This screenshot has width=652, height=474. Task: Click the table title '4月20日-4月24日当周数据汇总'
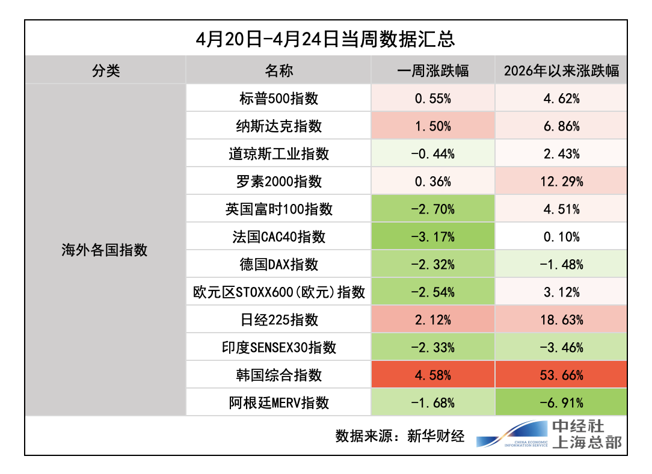click(325, 38)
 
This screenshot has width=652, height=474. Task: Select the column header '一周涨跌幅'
click(433, 70)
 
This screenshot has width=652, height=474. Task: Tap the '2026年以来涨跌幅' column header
click(561, 70)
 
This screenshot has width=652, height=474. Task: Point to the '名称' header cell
click(278, 70)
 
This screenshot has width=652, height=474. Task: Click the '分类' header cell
click(106, 70)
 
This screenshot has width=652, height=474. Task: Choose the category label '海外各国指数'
click(105, 250)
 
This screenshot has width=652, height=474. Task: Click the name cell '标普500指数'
click(278, 98)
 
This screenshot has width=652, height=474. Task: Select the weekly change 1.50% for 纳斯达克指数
click(433, 126)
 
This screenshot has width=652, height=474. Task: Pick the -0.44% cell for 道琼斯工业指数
click(433, 153)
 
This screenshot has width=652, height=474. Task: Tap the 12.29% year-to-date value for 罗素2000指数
click(561, 181)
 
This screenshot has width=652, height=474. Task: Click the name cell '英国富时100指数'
click(278, 209)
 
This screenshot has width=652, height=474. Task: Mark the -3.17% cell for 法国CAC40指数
click(433, 236)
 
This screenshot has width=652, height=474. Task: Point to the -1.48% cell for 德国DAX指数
click(561, 264)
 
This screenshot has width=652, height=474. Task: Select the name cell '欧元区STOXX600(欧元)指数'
click(278, 292)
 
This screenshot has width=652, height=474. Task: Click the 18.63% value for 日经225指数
click(561, 320)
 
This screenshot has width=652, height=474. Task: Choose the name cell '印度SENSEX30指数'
click(278, 348)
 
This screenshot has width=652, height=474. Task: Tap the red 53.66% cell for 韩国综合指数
click(561, 375)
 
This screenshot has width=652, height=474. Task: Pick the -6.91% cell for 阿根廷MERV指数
click(561, 402)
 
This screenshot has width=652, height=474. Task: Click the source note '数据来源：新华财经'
click(400, 436)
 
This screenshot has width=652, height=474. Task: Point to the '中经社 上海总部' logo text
click(586, 435)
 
